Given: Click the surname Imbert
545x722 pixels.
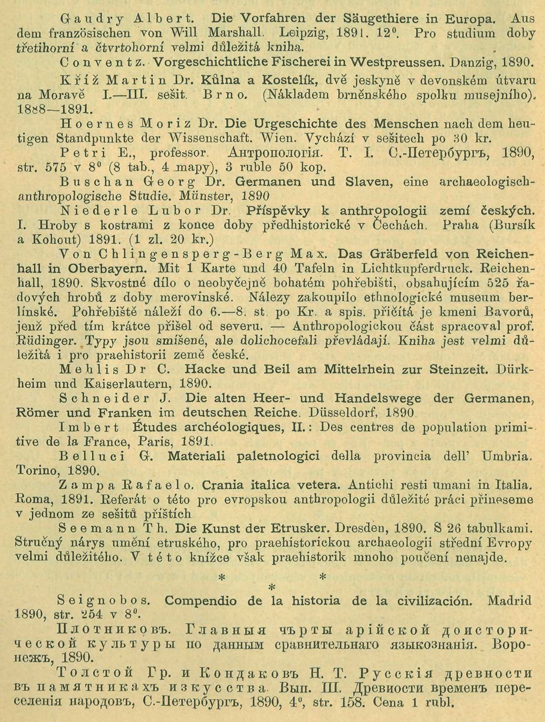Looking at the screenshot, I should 89,428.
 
